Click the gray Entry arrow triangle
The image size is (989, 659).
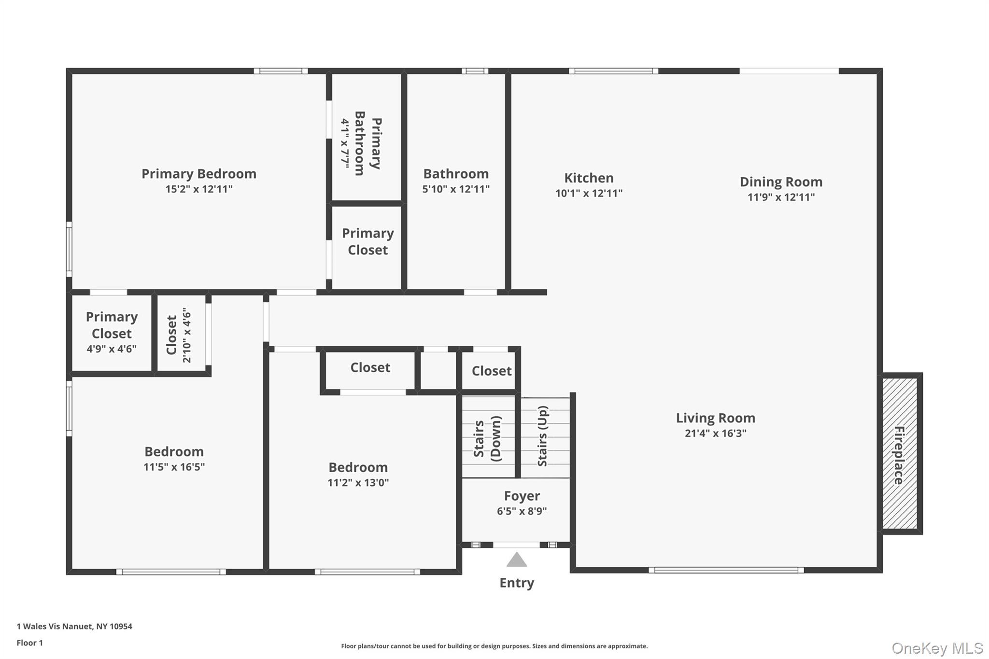tap(516, 560)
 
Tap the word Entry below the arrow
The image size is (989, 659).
tap(516, 583)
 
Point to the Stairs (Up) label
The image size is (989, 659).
tap(542, 436)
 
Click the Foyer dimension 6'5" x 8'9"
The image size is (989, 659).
tap(522, 511)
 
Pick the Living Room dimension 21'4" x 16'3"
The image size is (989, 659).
tap(715, 433)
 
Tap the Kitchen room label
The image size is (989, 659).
tap(589, 178)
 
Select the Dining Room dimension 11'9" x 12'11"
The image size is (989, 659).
tap(781, 197)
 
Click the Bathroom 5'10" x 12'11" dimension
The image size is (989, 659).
tap(455, 189)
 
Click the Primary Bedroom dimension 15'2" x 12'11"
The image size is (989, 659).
tap(198, 189)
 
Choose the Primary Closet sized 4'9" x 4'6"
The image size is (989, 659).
tap(112, 332)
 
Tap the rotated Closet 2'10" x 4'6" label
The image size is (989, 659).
tap(179, 335)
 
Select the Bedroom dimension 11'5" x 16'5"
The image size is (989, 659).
tap(174, 467)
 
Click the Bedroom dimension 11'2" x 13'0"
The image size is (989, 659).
tap(358, 482)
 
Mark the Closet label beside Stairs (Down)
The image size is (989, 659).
tap(491, 371)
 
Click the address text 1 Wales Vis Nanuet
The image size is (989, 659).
tap(74, 626)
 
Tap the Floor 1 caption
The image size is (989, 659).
tap(29, 643)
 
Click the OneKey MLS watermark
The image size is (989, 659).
tap(937, 648)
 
